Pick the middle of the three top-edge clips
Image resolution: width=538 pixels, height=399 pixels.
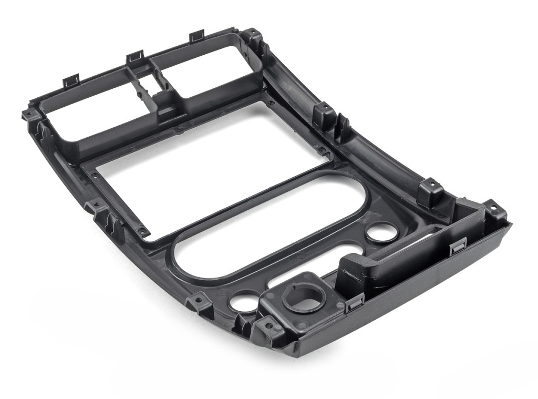(135, 55)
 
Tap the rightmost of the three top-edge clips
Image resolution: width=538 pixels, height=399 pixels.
(197, 35)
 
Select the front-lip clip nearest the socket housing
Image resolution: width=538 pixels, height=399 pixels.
(356, 301)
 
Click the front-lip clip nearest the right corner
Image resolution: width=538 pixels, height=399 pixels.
(458, 245)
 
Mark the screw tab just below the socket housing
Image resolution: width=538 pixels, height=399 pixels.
(269, 325)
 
